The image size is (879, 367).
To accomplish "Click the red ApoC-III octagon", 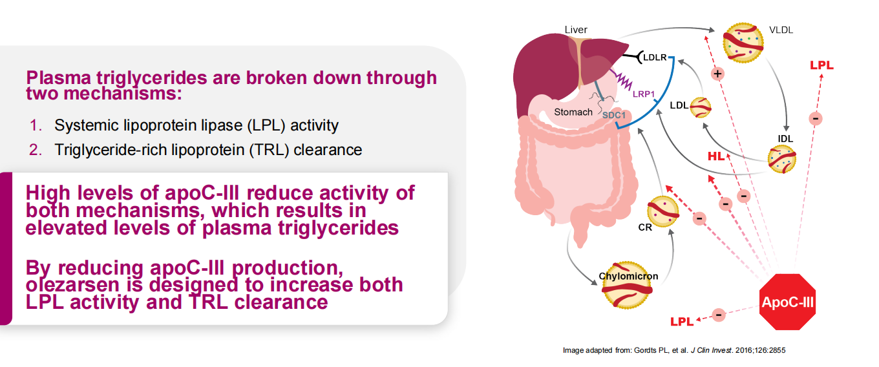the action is point(787,302).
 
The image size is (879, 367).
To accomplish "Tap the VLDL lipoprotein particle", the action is point(743,43).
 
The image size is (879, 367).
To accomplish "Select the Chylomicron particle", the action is point(627,285).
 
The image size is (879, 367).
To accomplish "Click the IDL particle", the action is point(781,159).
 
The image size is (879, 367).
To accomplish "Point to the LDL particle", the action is point(701,107).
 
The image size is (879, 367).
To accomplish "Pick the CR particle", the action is point(662,212).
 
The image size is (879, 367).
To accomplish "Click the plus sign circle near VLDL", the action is point(717,73).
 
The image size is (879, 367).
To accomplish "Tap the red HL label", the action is point(715,156).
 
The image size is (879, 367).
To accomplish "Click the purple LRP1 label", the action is point(644,94).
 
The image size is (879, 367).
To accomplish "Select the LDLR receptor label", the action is point(655,58).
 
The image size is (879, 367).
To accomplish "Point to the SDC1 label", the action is point(614,115).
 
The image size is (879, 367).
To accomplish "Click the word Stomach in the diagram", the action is point(573,112).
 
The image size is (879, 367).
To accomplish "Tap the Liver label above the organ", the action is point(576,30).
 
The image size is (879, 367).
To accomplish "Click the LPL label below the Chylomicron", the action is point(682,322).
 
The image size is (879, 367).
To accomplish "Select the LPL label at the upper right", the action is point(821,65).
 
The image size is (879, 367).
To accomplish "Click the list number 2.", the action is point(36,150).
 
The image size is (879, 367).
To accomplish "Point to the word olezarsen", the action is point(72,285).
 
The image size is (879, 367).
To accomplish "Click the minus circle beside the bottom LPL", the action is point(719,315).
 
